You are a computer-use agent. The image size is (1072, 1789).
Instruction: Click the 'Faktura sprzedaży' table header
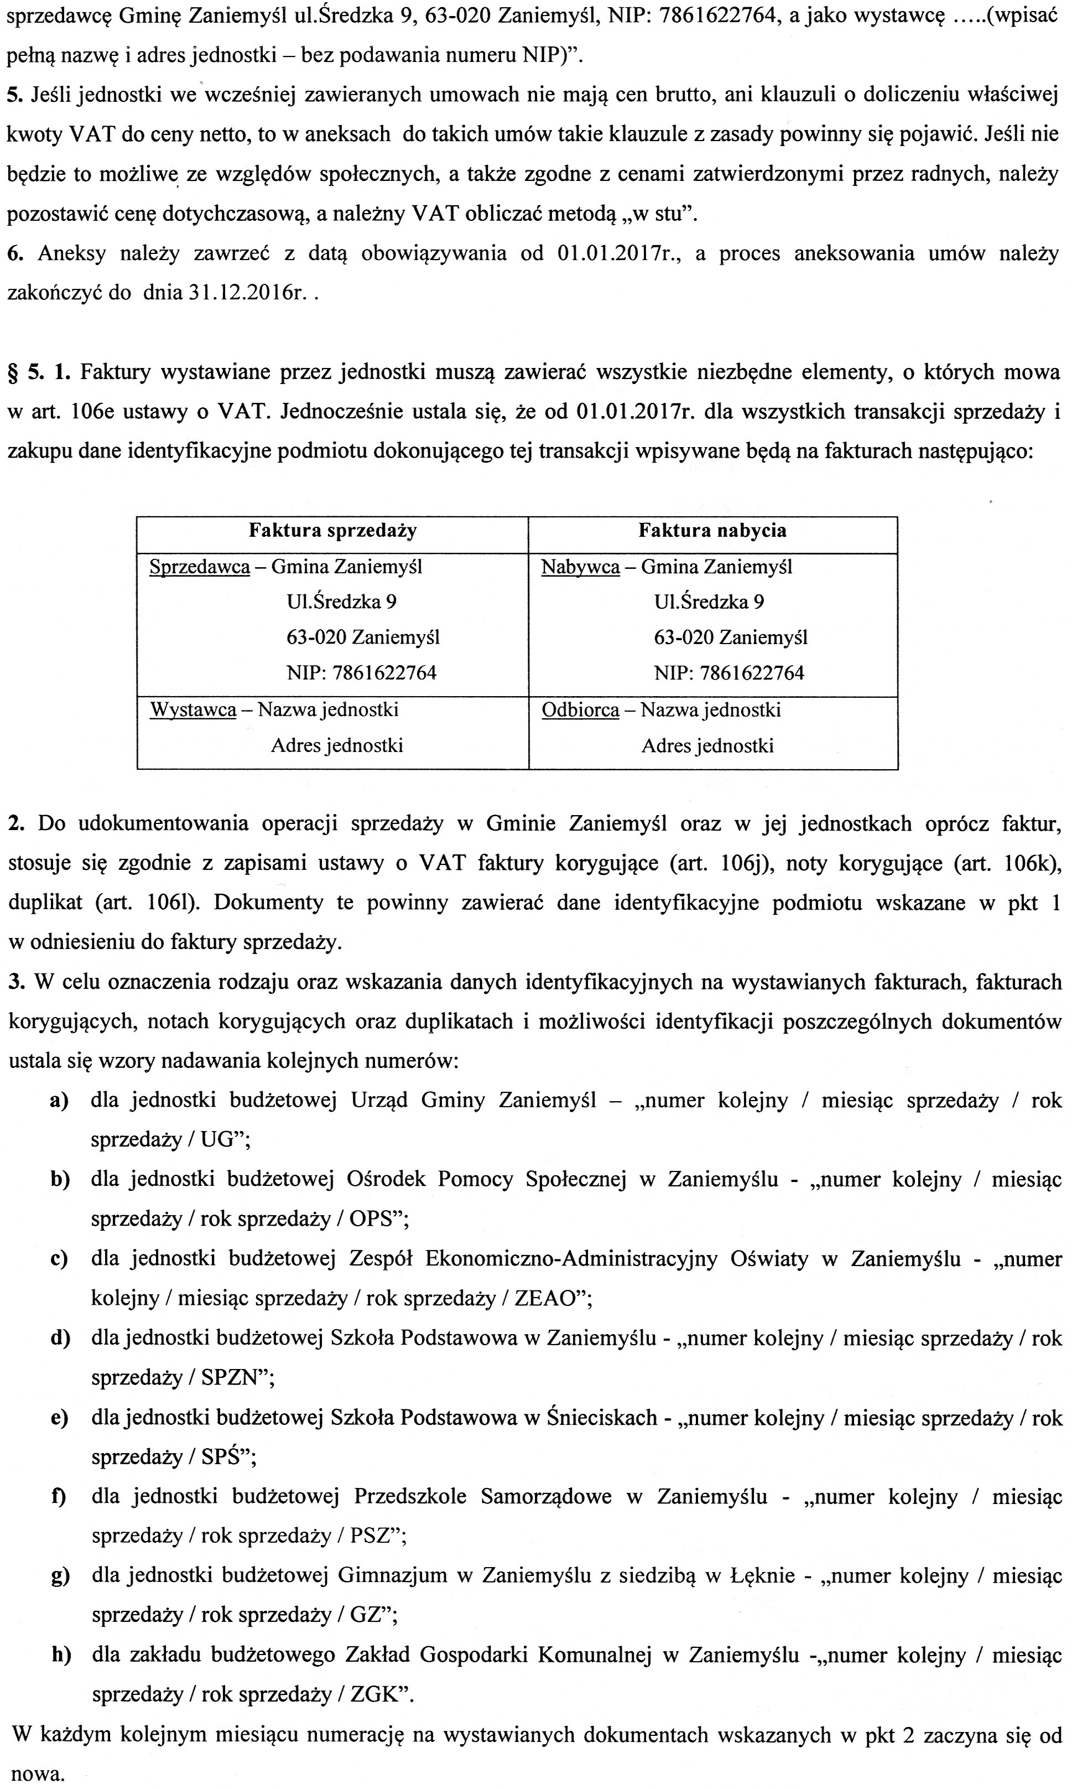(x=332, y=531)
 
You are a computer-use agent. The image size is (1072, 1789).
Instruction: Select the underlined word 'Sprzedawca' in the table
(x=199, y=567)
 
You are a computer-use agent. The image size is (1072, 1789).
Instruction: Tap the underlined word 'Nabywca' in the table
(x=580, y=567)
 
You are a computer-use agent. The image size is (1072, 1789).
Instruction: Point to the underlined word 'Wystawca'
(x=193, y=711)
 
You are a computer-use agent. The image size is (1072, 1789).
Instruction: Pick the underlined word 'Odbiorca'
(x=580, y=711)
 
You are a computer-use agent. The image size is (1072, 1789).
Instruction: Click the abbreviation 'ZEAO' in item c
(x=547, y=1298)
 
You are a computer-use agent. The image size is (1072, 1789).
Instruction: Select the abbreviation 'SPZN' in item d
(x=230, y=1378)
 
